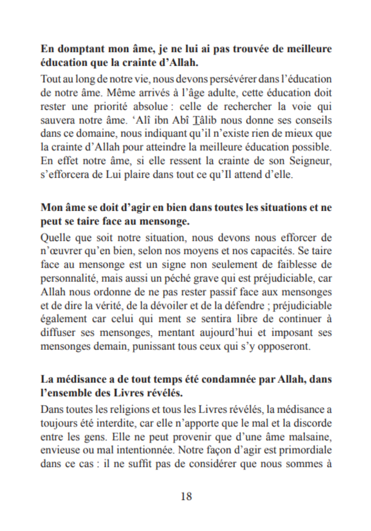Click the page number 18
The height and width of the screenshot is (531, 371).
tap(186, 496)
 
